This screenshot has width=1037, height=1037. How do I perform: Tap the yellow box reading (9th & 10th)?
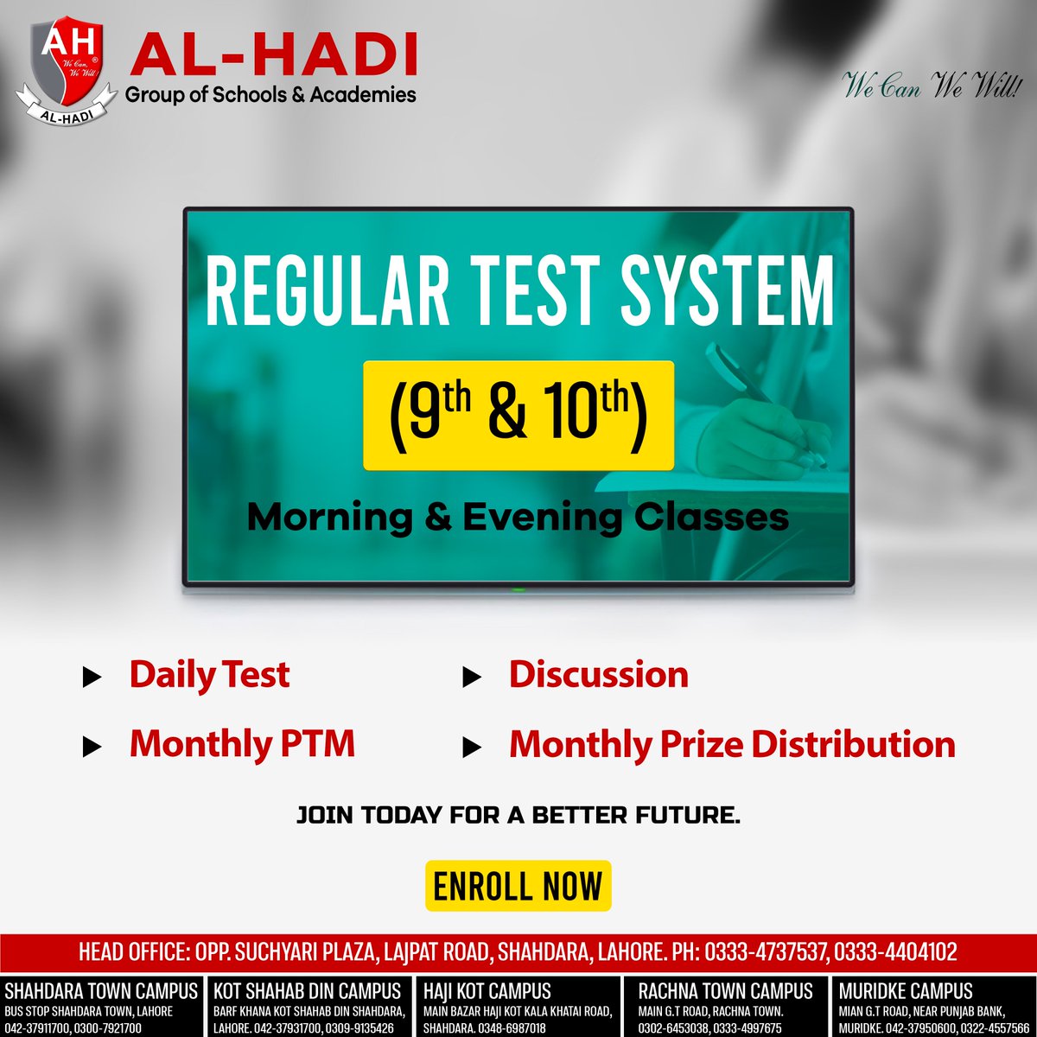[518, 416]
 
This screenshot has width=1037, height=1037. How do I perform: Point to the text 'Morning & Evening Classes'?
[518, 518]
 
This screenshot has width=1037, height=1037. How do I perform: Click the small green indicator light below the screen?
[518, 590]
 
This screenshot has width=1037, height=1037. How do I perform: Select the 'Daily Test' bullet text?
[209, 675]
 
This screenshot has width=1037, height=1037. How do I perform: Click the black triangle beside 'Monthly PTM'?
[92, 747]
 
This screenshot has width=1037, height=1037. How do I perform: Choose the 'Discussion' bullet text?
[598, 675]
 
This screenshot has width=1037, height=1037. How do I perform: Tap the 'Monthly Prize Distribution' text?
[731, 744]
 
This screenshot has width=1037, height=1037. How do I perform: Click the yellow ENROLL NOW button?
[518, 886]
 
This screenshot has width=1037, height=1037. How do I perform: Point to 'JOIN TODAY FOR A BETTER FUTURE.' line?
[518, 815]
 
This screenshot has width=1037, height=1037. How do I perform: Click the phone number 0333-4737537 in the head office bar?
[767, 952]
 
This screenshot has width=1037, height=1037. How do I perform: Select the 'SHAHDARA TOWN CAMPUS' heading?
[102, 991]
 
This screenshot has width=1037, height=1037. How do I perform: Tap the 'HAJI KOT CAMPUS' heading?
[487, 991]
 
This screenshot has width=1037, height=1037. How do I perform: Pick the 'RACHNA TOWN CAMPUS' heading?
[726, 991]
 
